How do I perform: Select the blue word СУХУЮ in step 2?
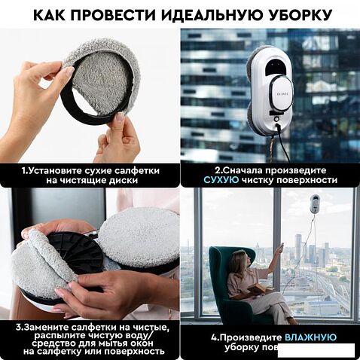point(224,181)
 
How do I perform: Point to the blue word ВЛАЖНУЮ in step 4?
point(310,337)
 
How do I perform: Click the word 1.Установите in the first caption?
point(50,170)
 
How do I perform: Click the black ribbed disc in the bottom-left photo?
point(75,252)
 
